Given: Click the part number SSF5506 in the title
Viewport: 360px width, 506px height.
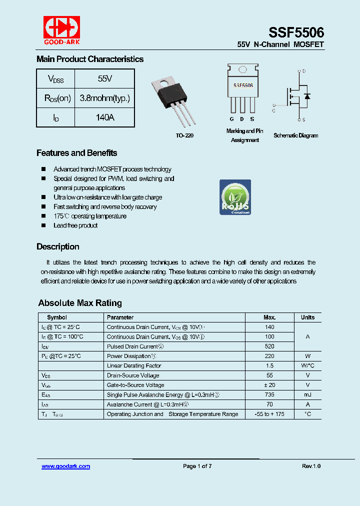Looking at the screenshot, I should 296,32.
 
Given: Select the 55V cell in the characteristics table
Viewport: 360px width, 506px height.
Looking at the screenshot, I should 104,79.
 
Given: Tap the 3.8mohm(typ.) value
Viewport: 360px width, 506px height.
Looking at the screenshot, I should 104,98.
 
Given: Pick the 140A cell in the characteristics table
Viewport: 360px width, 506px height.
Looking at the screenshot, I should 104,117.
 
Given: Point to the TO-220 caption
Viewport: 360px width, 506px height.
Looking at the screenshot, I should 184,136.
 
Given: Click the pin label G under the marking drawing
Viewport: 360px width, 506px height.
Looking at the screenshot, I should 231,119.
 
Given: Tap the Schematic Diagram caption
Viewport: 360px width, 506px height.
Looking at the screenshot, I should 295,135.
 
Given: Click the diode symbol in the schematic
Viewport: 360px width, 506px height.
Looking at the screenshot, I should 307,96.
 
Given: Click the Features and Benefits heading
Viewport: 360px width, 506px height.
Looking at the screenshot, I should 76,153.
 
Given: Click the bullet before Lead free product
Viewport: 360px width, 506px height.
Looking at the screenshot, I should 43,225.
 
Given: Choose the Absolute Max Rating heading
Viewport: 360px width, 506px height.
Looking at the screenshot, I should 80,303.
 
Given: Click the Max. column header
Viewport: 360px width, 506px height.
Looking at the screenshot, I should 269,317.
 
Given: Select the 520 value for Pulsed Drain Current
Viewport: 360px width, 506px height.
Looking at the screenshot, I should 269,346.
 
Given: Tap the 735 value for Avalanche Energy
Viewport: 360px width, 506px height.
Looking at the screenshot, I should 269,394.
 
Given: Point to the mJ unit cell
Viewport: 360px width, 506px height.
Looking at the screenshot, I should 307,394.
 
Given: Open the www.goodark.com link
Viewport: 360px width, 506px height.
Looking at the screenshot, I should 65,466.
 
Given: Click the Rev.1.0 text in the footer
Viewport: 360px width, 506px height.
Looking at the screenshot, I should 311,466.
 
